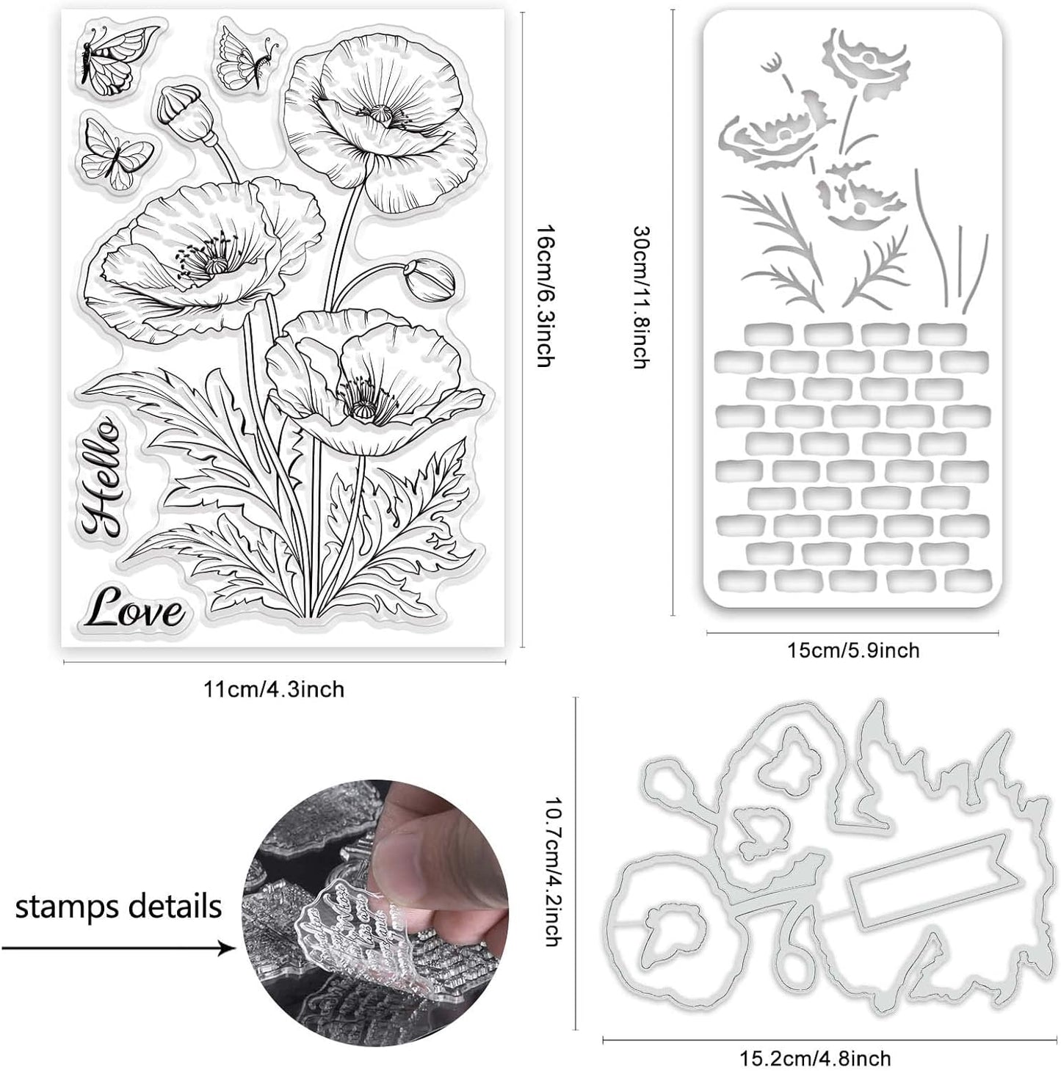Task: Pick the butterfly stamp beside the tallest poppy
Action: tap(246, 57)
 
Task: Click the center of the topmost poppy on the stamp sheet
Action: tap(380, 115)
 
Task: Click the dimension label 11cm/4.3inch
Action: tap(274, 689)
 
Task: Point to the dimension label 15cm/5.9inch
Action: tap(853, 650)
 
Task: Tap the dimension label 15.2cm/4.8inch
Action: tap(816, 1058)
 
